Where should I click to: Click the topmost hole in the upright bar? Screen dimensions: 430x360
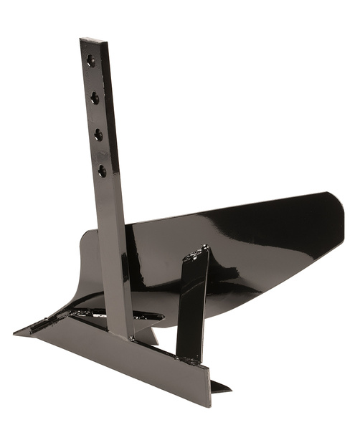[90, 60]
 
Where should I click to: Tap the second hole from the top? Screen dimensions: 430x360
[95, 97]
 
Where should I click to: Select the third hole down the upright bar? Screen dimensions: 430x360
[98, 134]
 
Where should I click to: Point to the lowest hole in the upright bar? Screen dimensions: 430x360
[102, 171]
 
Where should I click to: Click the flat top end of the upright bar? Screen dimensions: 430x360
[93, 41]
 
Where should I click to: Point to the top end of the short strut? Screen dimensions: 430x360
[202, 251]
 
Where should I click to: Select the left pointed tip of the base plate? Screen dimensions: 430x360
[16, 333]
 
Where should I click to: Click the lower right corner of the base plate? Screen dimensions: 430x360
[209, 404]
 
